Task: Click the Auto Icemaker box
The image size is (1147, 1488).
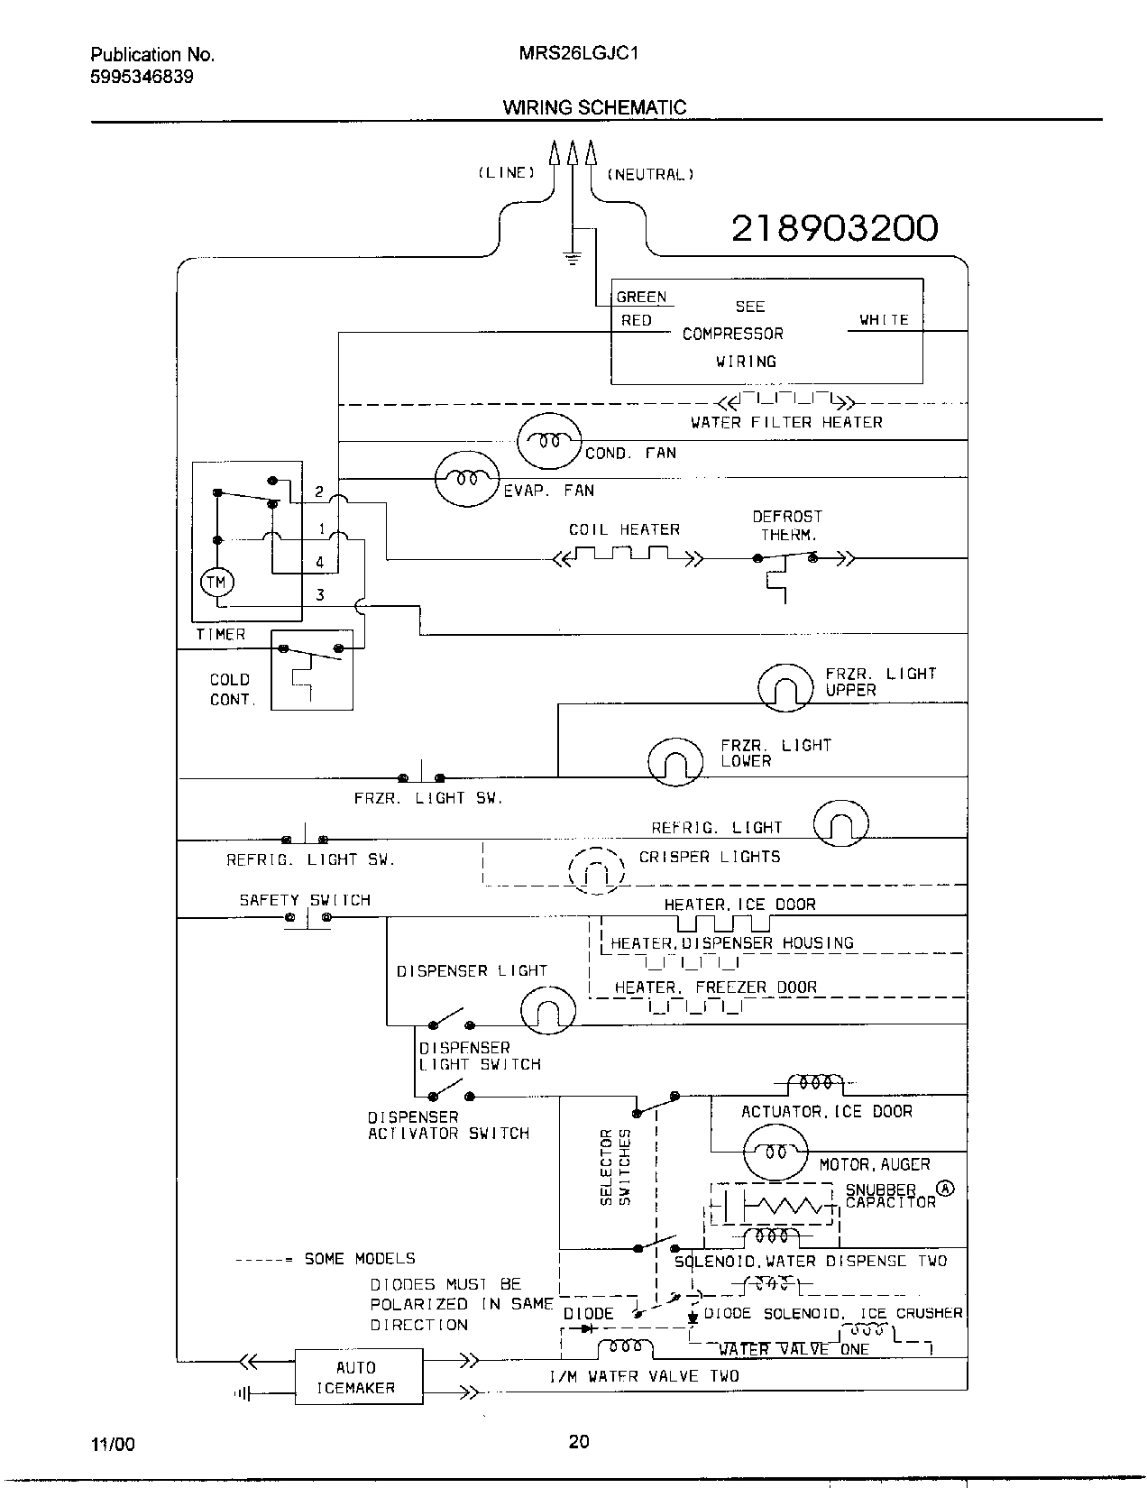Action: [x=358, y=1376]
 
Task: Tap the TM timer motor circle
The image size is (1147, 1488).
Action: [x=216, y=583]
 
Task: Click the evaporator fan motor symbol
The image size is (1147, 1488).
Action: [x=466, y=479]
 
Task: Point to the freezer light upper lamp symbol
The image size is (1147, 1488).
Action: [x=785, y=688]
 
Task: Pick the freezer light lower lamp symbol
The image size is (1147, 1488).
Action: [x=675, y=762]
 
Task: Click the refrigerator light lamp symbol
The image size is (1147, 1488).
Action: [x=840, y=823]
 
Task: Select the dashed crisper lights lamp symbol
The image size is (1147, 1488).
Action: [x=596, y=872]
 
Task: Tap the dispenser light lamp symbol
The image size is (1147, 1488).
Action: [x=547, y=1011]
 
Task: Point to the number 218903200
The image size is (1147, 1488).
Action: [x=834, y=228]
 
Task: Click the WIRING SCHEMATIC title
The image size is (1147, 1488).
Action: [x=594, y=107]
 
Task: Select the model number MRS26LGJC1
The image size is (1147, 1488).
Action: [x=580, y=54]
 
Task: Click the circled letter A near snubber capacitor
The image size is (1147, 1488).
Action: [x=945, y=1188]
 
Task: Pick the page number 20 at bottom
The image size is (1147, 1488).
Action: [x=579, y=1441]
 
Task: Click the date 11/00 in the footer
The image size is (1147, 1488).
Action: [x=113, y=1444]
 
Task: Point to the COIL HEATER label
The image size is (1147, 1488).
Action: [x=624, y=529]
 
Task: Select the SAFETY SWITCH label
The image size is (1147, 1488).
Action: [x=305, y=900]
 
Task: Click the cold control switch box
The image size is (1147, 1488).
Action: [x=311, y=670]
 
